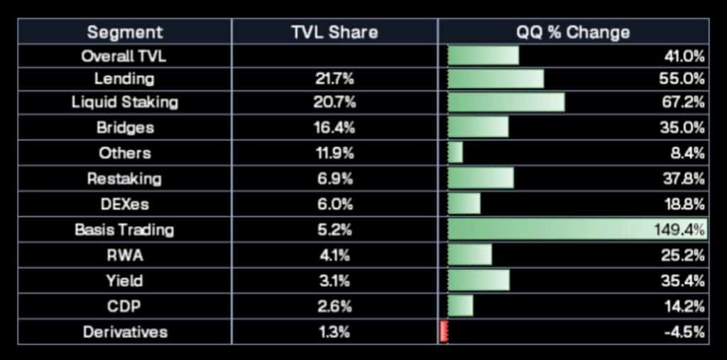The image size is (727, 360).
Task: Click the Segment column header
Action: tap(124, 32)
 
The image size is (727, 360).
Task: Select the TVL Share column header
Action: tap(334, 32)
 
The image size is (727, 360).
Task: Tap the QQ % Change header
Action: tap(574, 32)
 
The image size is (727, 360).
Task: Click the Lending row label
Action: tap(124, 79)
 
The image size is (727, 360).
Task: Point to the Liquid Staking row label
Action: tap(124, 102)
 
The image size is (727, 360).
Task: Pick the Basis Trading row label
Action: tap(124, 230)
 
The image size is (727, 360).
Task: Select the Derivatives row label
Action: tap(124, 332)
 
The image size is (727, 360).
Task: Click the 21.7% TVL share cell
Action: tap(334, 79)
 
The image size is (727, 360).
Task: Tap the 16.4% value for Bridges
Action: tap(334, 128)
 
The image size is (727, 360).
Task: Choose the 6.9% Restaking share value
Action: tap(334, 179)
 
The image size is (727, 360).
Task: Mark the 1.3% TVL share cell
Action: tap(334, 332)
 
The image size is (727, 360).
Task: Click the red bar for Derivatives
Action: tap(444, 332)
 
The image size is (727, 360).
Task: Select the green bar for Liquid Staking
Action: tap(506, 102)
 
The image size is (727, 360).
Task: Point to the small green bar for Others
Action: tap(455, 153)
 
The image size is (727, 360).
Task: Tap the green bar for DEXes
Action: tap(464, 204)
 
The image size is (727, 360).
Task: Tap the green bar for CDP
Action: tap(461, 306)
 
